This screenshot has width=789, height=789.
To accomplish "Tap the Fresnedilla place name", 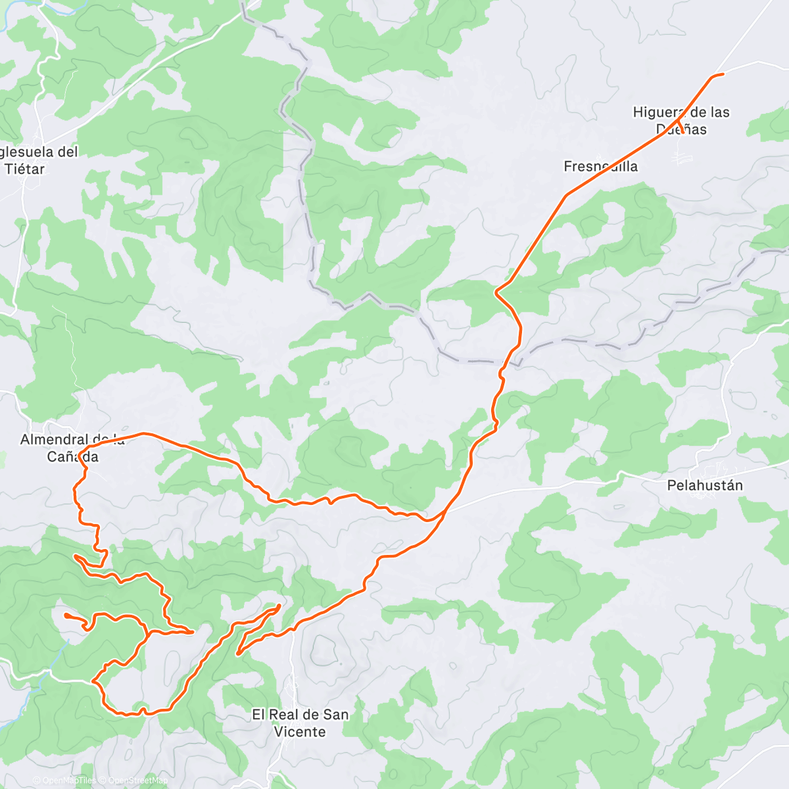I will pyautogui.click(x=600, y=166).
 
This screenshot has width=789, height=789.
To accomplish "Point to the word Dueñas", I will pyautogui.click(x=681, y=130).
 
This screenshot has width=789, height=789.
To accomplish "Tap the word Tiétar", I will pyautogui.click(x=25, y=169).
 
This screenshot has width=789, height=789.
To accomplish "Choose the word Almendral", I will pyautogui.click(x=54, y=439).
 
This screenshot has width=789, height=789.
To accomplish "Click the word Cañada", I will pyautogui.click(x=72, y=456).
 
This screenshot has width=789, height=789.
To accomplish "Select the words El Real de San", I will pyautogui.click(x=300, y=714).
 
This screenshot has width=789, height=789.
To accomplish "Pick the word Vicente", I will pyautogui.click(x=300, y=731).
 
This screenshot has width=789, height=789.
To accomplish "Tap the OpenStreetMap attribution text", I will pyautogui.click(x=135, y=780).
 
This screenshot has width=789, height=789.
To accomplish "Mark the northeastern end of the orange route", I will pyautogui.click(x=723, y=74).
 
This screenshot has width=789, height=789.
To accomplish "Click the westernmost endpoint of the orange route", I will pyautogui.click(x=65, y=615).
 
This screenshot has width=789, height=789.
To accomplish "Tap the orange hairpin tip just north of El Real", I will pyautogui.click(x=279, y=606).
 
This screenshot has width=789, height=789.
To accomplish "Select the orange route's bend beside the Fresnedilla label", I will pyautogui.click(x=566, y=195).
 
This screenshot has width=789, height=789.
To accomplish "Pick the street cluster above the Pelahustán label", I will pyautogui.click(x=713, y=469).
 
